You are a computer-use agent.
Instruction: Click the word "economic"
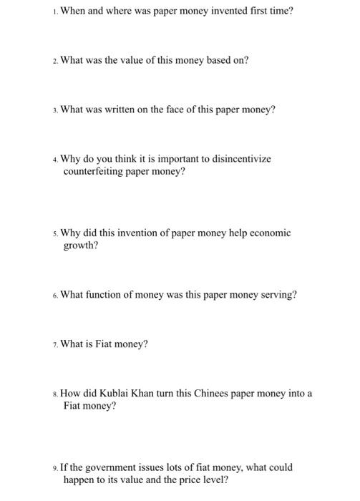tap(267, 233)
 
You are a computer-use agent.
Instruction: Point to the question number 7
tap(55, 345)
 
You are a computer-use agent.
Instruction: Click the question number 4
tap(55, 160)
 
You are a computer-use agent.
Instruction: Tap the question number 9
tap(55, 468)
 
